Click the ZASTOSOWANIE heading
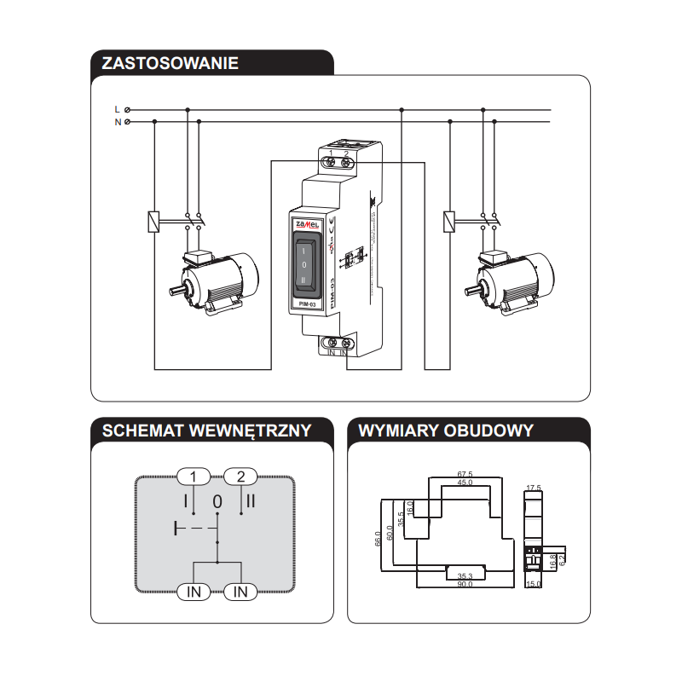170,63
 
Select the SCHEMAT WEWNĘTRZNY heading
206,430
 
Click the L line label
117,110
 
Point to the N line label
117,122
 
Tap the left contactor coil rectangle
153,221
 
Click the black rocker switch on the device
307,265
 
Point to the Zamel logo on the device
306,223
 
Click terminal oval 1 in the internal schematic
194,477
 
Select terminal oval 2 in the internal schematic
241,477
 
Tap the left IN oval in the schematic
194,592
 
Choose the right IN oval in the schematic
241,592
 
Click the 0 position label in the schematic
217,501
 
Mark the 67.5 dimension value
465,474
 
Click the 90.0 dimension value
465,584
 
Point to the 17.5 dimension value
534,488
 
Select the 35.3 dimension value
465,575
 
